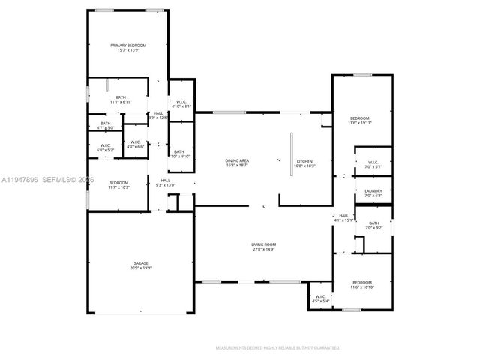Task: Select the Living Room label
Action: [x=263, y=245]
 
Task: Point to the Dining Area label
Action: [x=237, y=163]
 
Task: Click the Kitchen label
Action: [x=305, y=163]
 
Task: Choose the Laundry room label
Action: [x=373, y=193]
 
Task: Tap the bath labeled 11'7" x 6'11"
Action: [x=120, y=99]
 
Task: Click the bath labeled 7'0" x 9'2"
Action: [x=373, y=225]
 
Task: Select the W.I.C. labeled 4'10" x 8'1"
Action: [x=181, y=104]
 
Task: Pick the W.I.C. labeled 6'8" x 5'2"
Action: [x=105, y=148]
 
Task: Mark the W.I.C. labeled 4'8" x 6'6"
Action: [x=135, y=144]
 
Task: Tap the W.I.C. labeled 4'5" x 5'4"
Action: [x=320, y=298]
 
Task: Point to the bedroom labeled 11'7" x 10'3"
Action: [x=118, y=184]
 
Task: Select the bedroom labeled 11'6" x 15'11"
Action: [x=360, y=120]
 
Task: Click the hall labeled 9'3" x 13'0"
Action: [x=165, y=182]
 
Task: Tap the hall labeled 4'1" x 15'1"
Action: [x=343, y=218]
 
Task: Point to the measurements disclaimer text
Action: [x=277, y=348]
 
